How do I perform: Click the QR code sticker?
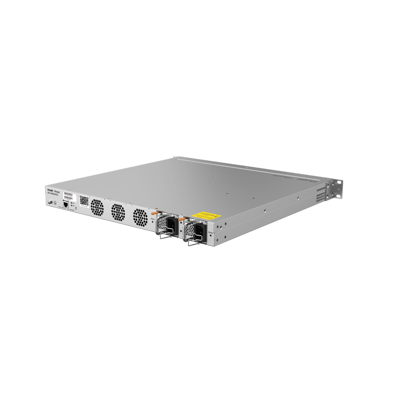(x=84, y=201)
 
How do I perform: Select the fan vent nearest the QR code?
(x=97, y=208)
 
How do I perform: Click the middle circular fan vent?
(x=118, y=212)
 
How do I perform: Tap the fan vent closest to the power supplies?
(x=140, y=217)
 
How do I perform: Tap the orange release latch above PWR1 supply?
(x=155, y=212)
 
